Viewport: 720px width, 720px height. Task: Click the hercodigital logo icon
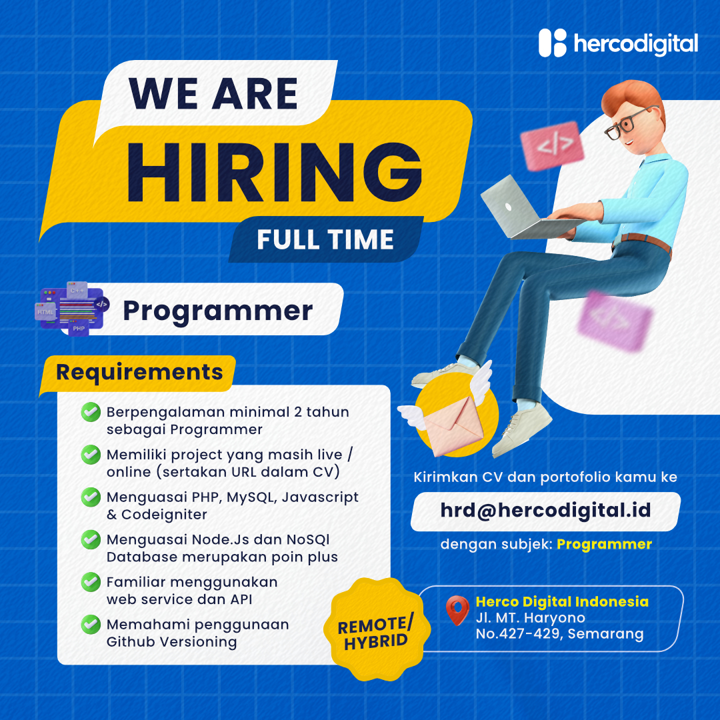coord(553,43)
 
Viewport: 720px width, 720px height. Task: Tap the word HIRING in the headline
coord(274,172)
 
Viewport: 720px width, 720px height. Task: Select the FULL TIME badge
coord(325,240)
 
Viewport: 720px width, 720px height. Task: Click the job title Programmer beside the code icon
coord(217,311)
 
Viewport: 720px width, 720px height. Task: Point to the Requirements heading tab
coord(138,373)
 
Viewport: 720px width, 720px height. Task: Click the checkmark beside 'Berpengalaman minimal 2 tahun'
coord(91,412)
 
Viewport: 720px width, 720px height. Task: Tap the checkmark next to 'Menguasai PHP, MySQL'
coord(91,497)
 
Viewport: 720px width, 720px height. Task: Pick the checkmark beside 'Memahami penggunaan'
coord(91,625)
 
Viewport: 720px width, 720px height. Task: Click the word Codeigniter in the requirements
coord(164,515)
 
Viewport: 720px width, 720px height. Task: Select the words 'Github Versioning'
coord(172,642)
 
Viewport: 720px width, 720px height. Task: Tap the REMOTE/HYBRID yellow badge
coord(377,629)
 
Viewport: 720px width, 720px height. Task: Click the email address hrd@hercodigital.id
coord(545,511)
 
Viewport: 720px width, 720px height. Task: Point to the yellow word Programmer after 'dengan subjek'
coord(604,545)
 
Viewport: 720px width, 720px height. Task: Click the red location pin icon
coord(457,610)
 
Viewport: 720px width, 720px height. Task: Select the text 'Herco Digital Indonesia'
coord(562,601)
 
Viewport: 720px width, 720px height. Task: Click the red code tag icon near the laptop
coord(553,145)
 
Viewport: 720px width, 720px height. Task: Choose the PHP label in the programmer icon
coord(79,329)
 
